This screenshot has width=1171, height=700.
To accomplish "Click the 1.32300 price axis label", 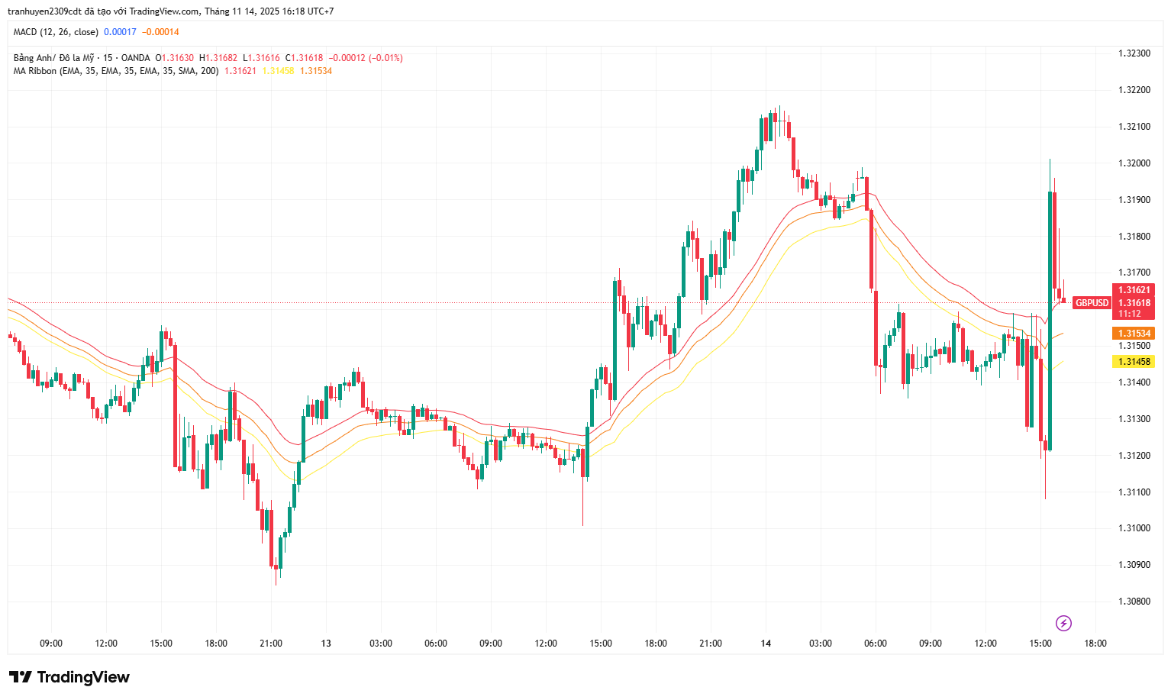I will (1134, 53).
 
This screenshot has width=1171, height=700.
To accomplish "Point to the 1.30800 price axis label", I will (1134, 602).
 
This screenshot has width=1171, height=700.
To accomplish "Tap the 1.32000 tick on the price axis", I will (1134, 163).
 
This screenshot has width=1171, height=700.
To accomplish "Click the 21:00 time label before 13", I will (271, 644).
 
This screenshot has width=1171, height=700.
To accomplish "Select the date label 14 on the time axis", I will (766, 644).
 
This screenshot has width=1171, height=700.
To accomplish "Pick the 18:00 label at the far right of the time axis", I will (1095, 644).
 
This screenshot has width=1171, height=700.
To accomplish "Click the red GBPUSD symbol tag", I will (1092, 303).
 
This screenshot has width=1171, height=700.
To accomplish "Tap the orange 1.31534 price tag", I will (1134, 334).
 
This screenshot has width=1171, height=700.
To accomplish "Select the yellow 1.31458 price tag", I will (1134, 362).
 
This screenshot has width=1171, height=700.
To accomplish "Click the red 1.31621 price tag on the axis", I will (1134, 290).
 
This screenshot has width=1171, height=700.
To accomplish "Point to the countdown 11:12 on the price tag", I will (1130, 314).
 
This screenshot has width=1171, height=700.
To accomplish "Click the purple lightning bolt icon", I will (1063, 623).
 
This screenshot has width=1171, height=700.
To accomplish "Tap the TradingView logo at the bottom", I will (69, 677).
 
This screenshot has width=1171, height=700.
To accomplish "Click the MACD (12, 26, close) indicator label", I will (56, 32).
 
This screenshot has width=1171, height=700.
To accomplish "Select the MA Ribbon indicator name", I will (35, 71).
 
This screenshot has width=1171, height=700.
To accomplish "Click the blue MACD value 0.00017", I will (120, 32).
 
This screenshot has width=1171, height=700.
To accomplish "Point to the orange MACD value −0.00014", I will (160, 32).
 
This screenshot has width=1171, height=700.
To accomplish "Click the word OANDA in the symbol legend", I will (136, 58).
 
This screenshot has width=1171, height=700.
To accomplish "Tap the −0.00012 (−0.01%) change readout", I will (365, 58).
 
